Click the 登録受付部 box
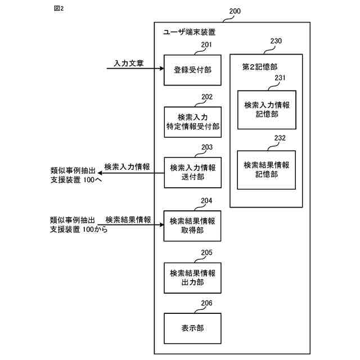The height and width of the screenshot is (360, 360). (192, 70)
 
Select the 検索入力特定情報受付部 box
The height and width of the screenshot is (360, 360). (192, 122)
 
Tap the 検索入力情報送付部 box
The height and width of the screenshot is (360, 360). (192, 173)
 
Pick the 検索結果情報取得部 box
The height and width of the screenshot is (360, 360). (192, 226)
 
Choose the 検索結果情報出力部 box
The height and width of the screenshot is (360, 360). (192, 278)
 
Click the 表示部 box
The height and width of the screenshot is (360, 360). (192, 328)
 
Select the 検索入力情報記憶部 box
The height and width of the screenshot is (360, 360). (267, 109)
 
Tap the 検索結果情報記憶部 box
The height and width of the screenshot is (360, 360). (267, 169)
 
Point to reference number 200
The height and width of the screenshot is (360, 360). (236, 11)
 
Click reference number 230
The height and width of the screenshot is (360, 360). (276, 41)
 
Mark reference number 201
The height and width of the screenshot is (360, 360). (206, 45)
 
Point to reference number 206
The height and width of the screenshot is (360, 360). (206, 303)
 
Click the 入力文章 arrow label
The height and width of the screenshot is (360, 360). (128, 63)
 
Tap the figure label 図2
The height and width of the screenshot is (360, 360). (58, 9)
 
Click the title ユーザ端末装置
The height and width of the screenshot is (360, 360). (189, 33)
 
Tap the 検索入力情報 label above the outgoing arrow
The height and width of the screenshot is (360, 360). (127, 167)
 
